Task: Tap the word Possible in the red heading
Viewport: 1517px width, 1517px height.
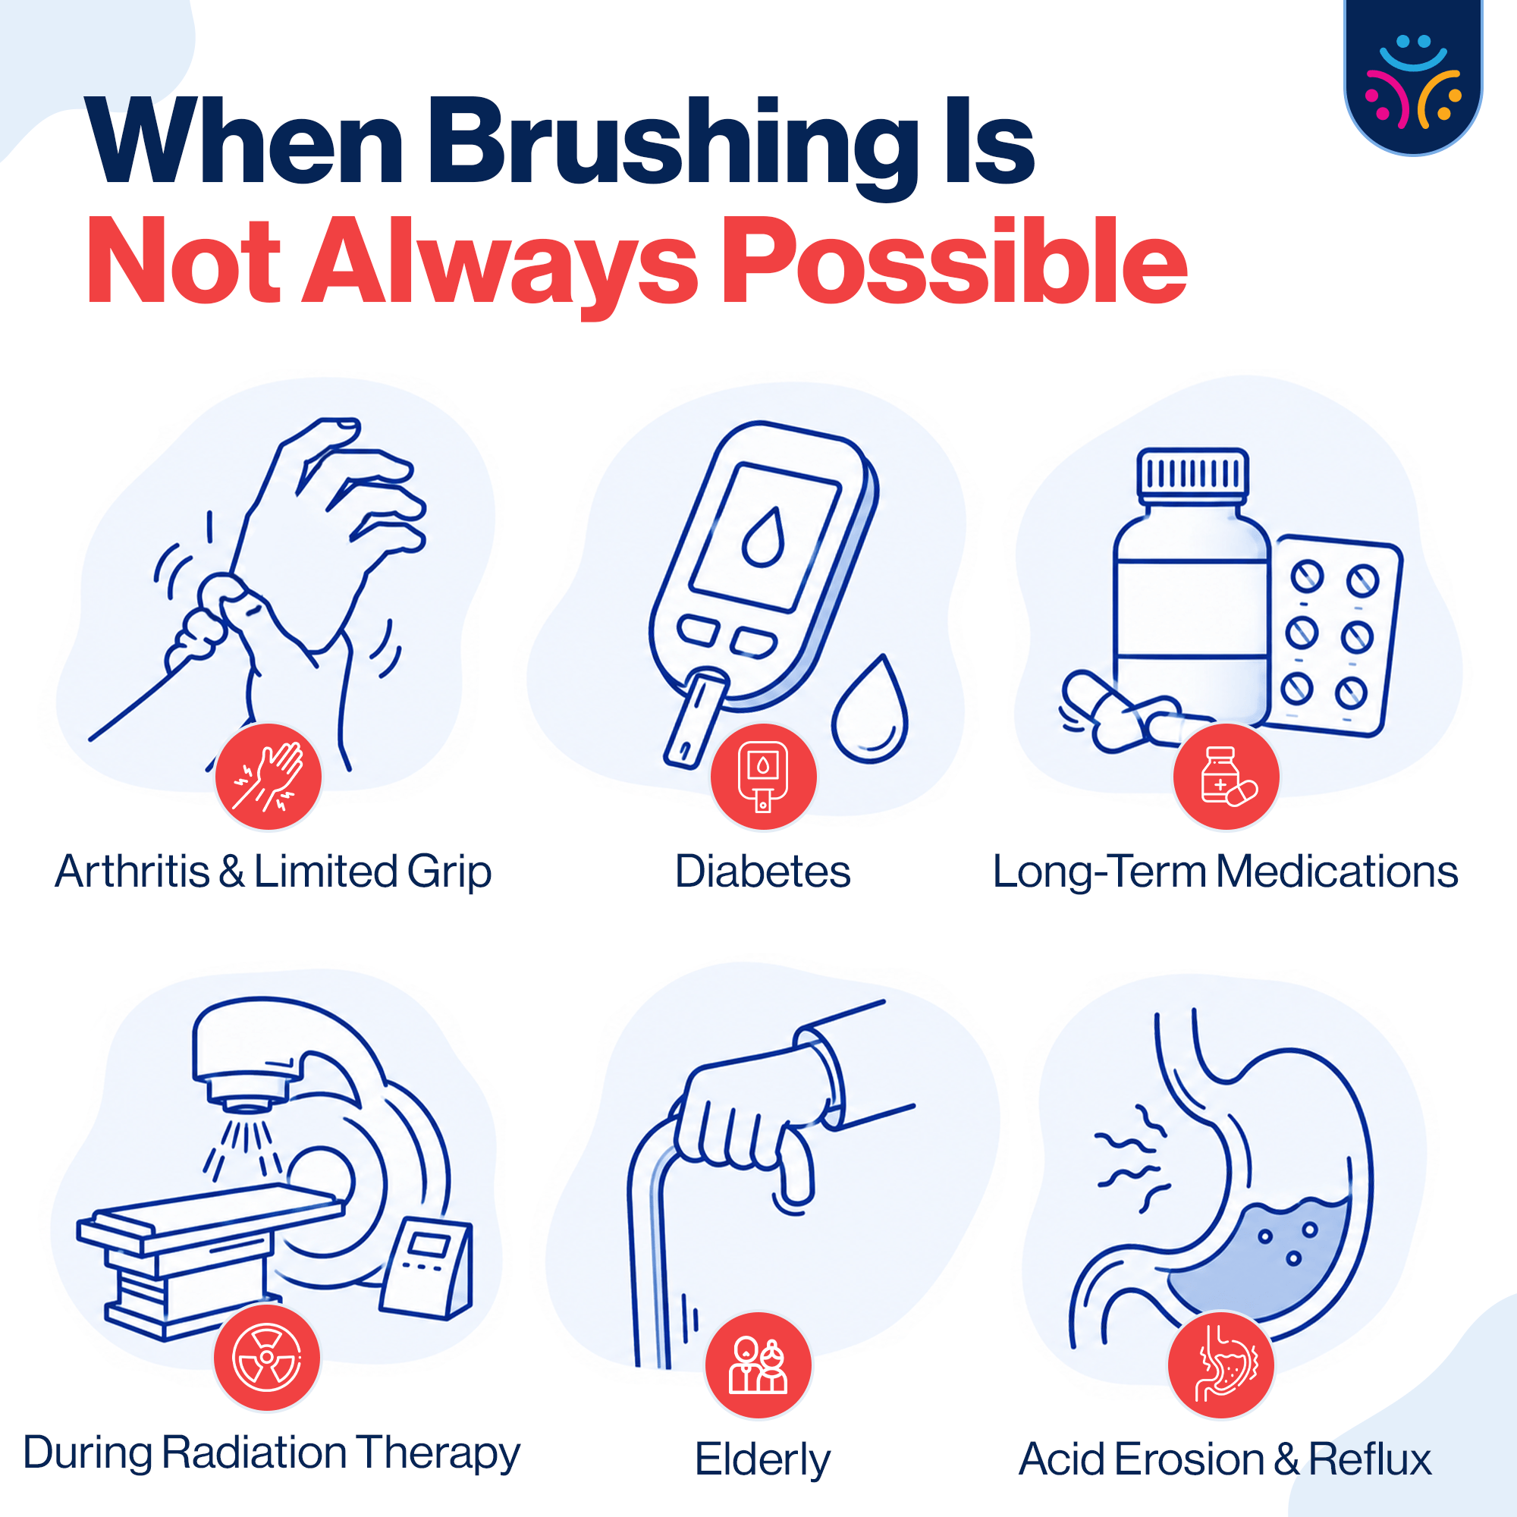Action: [x=954, y=263]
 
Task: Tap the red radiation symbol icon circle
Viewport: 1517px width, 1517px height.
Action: [x=267, y=1358]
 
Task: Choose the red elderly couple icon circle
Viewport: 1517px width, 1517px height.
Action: [x=758, y=1365]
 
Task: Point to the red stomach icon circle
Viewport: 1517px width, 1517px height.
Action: [x=1222, y=1365]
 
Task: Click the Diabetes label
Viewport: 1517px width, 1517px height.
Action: [x=762, y=872]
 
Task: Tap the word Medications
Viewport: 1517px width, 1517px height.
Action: [x=1337, y=872]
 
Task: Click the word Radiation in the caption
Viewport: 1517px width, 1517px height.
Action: [x=254, y=1453]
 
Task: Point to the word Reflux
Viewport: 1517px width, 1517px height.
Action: [x=1370, y=1459]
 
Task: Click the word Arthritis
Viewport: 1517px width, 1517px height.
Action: [x=133, y=872]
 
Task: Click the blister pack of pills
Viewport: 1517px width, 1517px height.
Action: [x=1333, y=637]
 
